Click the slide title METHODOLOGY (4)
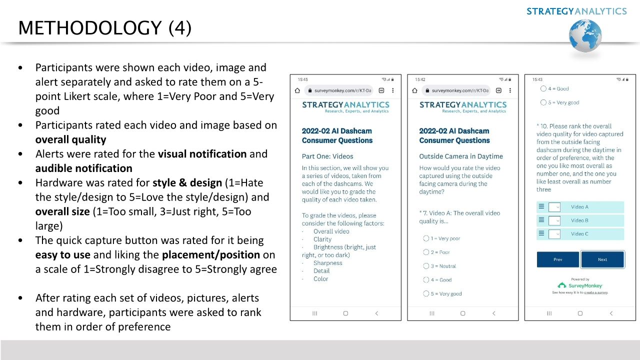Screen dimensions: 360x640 coord(104,28)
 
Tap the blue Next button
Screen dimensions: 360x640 coord(602,259)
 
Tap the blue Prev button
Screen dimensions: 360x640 coord(557,259)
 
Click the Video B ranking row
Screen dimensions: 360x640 coord(580,220)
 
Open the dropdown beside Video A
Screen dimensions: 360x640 coord(554,207)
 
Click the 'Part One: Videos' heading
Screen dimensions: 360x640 coord(327,156)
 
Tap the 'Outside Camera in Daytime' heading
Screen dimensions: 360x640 coord(460,156)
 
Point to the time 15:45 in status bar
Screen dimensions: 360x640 coord(302,79)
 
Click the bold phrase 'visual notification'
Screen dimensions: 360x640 coord(202,154)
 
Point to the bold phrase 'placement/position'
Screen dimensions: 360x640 coord(210,255)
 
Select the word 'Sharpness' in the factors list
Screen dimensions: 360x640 coord(327,263)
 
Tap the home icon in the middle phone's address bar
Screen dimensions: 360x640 coord(414,90)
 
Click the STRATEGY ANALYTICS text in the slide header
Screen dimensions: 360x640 coord(576,11)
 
